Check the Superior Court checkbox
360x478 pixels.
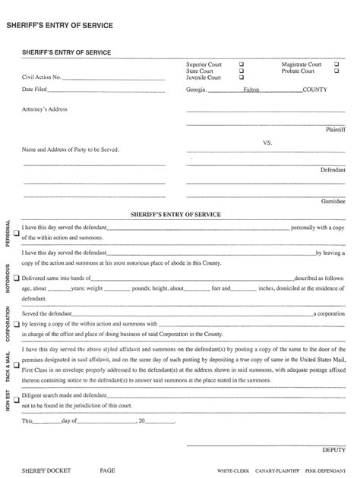pos(242,64)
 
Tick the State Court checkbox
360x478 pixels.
pos(242,71)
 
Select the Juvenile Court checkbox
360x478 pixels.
pos(242,77)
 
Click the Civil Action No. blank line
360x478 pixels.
pos(113,78)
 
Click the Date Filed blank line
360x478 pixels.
pos(106,90)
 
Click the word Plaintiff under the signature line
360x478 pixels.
pos(336,130)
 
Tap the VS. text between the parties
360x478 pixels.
pos(267,143)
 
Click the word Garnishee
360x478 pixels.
pos(333,202)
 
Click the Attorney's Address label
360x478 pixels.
pos(45,109)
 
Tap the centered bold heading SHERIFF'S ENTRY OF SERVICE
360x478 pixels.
pos(175,215)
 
